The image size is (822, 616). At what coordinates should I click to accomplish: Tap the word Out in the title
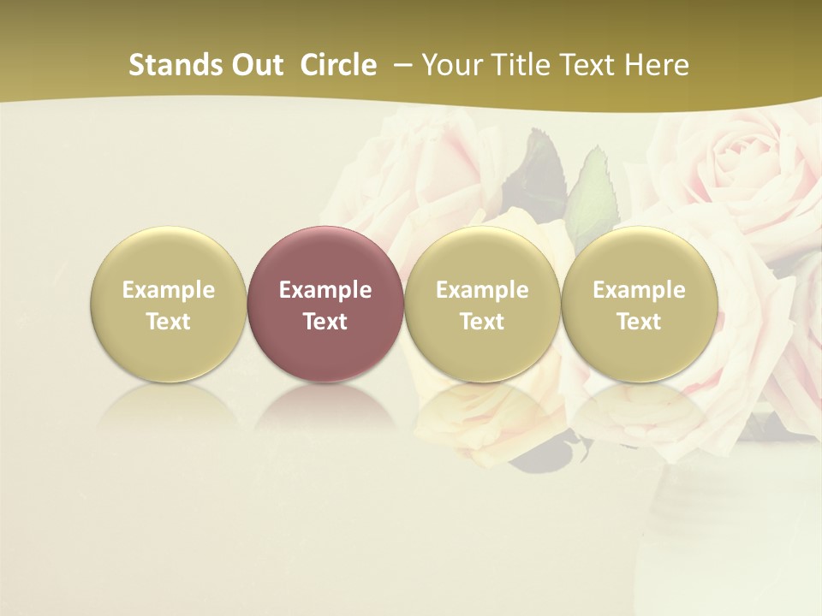pyautogui.click(x=254, y=65)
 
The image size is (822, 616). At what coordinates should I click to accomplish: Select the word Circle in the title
pyautogui.click(x=338, y=65)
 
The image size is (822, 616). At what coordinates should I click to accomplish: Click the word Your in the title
pyautogui.click(x=450, y=65)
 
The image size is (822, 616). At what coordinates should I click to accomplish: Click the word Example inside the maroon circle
pyautogui.click(x=325, y=290)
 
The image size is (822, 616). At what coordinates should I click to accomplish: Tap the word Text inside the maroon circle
pyautogui.click(x=325, y=322)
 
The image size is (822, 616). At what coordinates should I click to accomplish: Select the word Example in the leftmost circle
pyautogui.click(x=168, y=290)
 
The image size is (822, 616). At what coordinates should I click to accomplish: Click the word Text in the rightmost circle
pyautogui.click(x=639, y=322)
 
